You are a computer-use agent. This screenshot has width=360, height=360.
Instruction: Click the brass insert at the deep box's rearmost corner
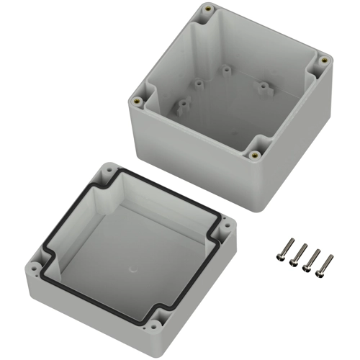(208, 9)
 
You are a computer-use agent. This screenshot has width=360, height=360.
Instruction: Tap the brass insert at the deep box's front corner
(254, 154)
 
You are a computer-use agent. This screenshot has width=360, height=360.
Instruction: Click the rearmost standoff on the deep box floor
(225, 71)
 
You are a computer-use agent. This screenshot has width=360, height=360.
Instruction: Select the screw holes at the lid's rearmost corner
(108, 171)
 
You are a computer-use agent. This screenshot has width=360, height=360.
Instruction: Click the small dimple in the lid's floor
(133, 270)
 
